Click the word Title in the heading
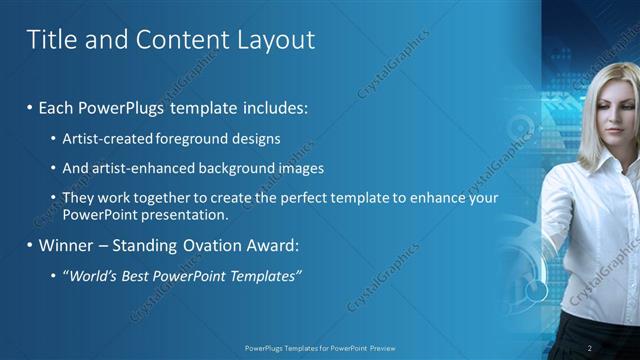point(48,40)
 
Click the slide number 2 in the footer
point(590,347)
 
